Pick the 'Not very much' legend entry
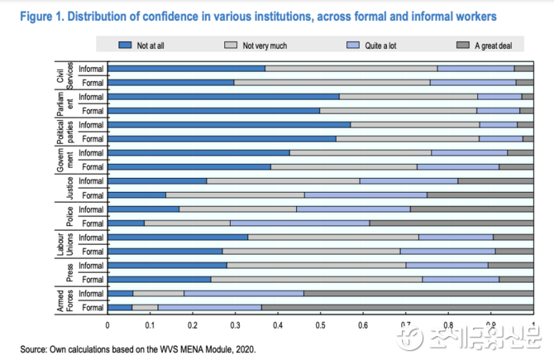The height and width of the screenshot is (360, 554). pos(263,46)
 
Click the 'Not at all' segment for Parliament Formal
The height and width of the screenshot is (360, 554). pos(213,110)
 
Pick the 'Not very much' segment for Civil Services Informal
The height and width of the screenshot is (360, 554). pos(351,68)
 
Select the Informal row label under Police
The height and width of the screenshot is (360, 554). pos(91,209)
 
